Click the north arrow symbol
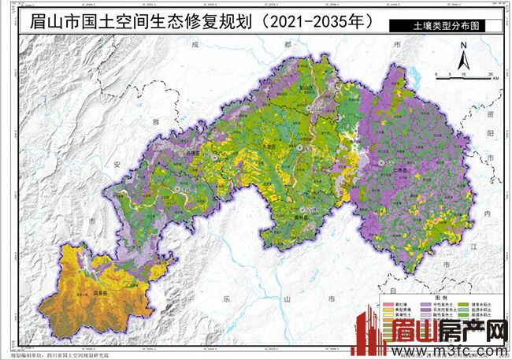click(x=466, y=56)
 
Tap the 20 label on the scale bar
click(x=491, y=73)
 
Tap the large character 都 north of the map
click(x=266, y=45)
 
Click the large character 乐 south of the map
click(x=226, y=299)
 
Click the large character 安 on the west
click(x=117, y=165)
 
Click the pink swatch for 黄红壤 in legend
click(x=388, y=303)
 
